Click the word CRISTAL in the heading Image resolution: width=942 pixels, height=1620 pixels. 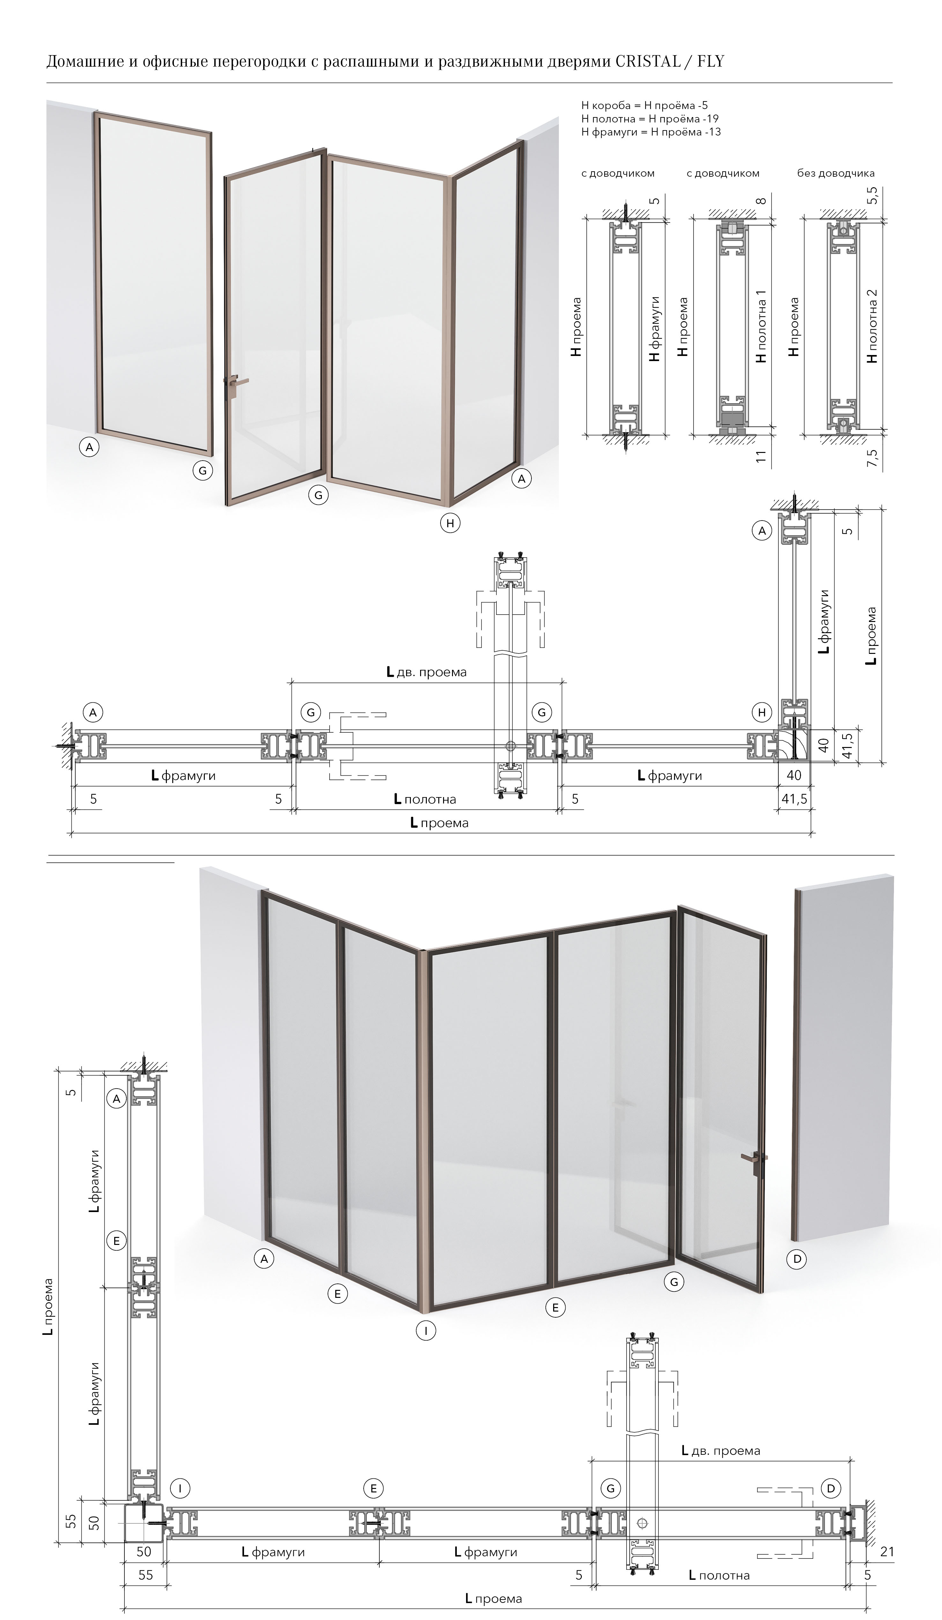(x=648, y=62)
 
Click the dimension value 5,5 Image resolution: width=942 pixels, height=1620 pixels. (x=872, y=196)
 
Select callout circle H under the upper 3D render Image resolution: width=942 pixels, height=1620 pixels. (x=450, y=523)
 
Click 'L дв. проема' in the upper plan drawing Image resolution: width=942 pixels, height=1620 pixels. (x=426, y=672)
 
